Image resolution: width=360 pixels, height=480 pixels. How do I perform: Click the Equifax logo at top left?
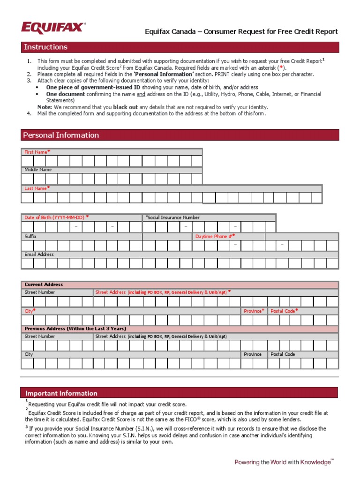(53, 28)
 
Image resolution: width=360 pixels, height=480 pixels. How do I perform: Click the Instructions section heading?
(45, 47)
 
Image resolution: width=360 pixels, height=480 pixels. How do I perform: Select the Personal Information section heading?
(61, 135)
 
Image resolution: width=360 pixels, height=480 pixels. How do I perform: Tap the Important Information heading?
(61, 393)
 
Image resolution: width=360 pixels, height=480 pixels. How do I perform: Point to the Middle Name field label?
(38, 170)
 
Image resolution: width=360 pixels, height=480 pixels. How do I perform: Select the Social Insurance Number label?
(172, 217)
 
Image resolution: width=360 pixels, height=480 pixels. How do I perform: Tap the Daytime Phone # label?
(215, 237)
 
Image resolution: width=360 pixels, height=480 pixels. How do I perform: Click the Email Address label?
(39, 255)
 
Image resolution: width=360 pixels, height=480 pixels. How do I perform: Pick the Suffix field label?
(30, 237)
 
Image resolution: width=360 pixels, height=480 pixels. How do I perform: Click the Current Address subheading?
(44, 285)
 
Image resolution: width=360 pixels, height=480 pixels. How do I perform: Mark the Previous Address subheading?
(75, 329)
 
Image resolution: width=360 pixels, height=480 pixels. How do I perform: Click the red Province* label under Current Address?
(254, 311)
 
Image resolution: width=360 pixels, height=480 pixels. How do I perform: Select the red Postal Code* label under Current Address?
(285, 311)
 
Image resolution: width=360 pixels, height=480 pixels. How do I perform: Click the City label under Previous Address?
(29, 354)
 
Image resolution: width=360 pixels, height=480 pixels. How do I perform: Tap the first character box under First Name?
(28, 161)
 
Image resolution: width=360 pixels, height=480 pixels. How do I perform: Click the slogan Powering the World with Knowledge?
(283, 462)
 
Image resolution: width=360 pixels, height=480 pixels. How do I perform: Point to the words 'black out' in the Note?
(125, 107)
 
